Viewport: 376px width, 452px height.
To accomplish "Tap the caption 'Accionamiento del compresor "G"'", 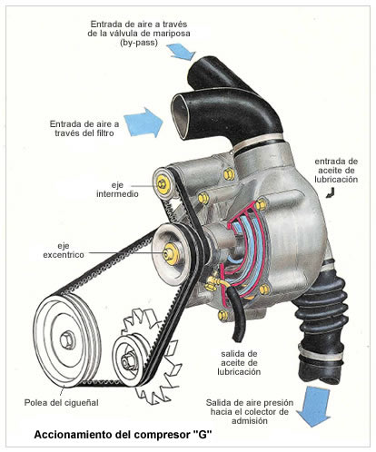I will [x=123, y=435].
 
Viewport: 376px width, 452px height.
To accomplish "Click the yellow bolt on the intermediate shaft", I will [x=163, y=185].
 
